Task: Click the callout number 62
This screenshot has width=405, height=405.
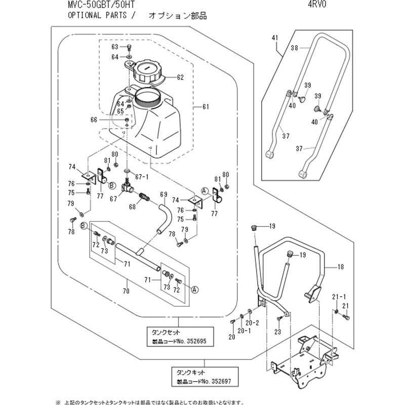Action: tap(180, 77)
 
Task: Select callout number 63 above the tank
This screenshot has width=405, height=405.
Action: tap(114, 47)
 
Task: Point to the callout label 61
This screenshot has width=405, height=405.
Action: tap(206, 107)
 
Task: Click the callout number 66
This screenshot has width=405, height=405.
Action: tap(94, 119)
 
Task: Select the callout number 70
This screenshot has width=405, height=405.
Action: tap(126, 291)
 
